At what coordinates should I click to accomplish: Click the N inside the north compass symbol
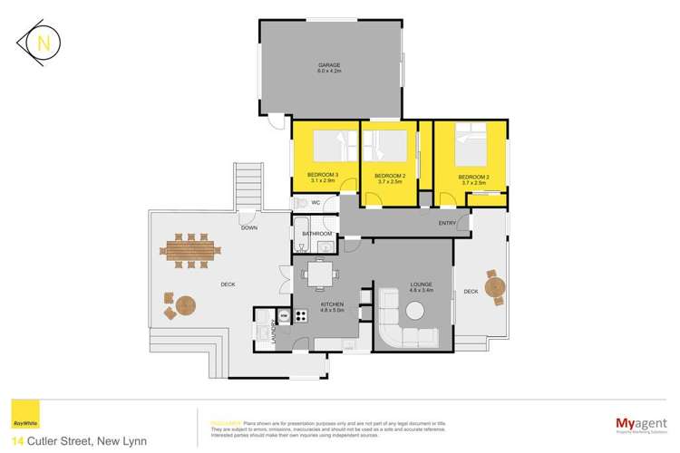[x=43, y=43]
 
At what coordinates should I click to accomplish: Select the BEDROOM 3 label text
[x=323, y=174]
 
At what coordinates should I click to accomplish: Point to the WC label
[x=316, y=202]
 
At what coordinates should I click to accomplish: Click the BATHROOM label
[x=316, y=233]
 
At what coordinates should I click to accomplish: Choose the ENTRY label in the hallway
[x=447, y=222]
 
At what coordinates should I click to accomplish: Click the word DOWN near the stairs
[x=248, y=227]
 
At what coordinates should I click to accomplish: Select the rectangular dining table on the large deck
[x=191, y=246]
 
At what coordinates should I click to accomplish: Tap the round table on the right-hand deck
[x=495, y=287]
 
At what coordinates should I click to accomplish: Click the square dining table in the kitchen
[x=318, y=272]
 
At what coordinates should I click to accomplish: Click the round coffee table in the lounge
[x=415, y=311]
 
